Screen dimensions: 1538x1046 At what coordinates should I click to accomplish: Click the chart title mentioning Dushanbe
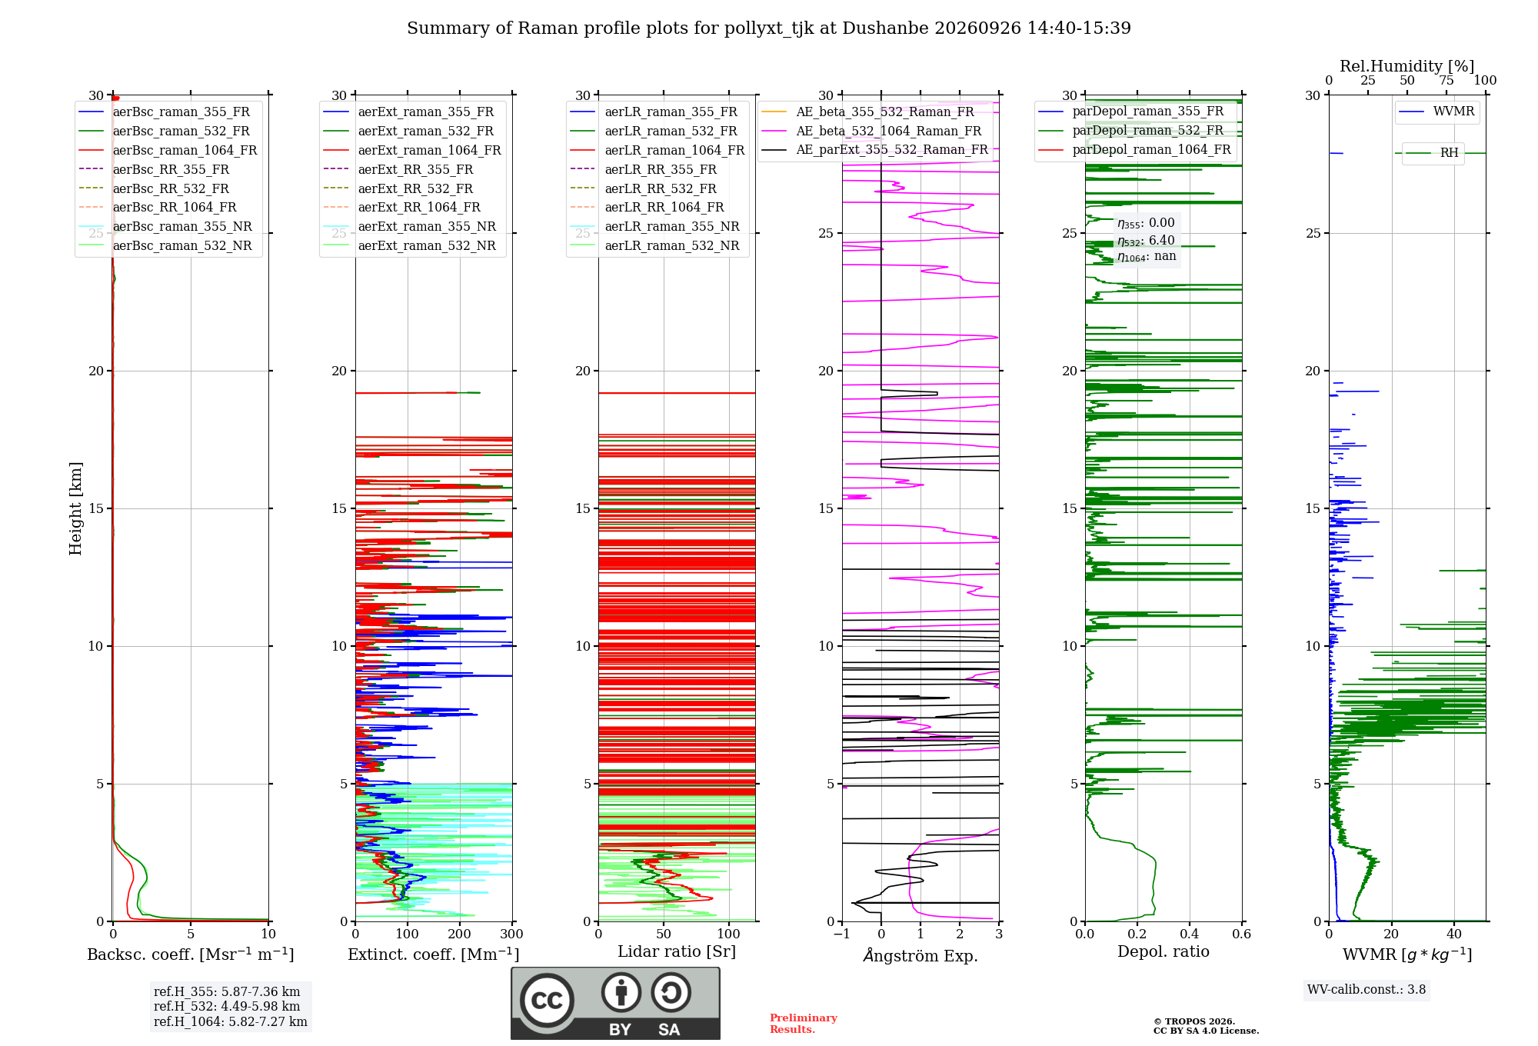(x=769, y=28)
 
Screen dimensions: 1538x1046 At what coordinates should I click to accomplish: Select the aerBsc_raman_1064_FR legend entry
(x=168, y=150)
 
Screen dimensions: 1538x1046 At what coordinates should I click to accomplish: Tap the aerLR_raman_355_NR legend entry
(x=654, y=226)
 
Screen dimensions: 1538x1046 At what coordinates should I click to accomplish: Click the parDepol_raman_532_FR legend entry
(x=1131, y=130)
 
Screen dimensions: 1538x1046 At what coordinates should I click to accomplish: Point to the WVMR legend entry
(x=1437, y=112)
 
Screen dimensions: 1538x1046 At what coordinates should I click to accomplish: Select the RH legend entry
(x=1432, y=153)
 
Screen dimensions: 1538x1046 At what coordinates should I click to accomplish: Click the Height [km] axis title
(x=75, y=508)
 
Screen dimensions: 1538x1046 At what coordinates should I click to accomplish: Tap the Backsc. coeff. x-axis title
(x=191, y=954)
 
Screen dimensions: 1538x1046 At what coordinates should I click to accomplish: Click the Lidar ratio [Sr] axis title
(x=677, y=951)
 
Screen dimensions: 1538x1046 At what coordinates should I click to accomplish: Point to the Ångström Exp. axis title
(x=920, y=955)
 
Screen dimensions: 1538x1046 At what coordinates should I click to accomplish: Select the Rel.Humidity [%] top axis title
(x=1407, y=66)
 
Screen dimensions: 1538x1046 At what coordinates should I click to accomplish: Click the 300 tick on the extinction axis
(x=511, y=934)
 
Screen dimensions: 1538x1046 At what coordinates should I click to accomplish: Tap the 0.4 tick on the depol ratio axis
(x=1190, y=934)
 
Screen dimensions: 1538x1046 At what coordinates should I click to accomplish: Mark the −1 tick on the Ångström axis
(x=841, y=934)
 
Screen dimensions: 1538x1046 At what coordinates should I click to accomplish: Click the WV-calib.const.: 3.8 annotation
(x=1367, y=990)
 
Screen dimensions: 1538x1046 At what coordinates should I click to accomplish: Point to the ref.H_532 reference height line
(x=227, y=1006)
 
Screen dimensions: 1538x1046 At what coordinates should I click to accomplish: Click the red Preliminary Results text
(x=804, y=1024)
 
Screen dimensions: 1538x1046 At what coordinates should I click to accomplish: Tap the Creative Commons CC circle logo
(x=547, y=1001)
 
